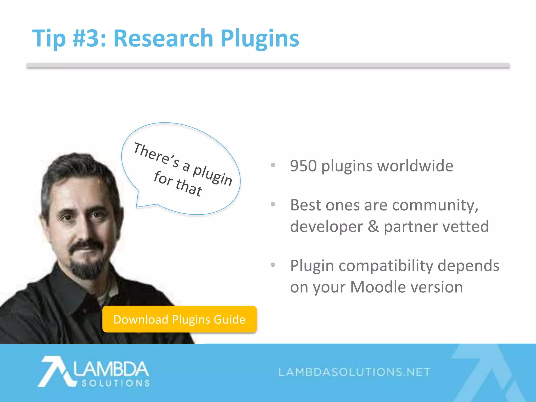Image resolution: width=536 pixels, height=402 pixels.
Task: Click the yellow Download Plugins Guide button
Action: pyautogui.click(x=180, y=319)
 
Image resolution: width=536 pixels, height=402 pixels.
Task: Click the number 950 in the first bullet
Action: pyautogui.click(x=303, y=166)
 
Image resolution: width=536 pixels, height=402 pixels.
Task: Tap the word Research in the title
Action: pyautogui.click(x=163, y=38)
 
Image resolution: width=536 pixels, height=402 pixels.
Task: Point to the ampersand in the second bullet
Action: pyautogui.click(x=373, y=226)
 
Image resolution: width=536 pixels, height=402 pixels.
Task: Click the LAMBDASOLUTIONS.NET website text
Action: pyautogui.click(x=354, y=372)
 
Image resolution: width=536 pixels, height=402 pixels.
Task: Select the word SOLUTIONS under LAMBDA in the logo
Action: pyautogui.click(x=115, y=383)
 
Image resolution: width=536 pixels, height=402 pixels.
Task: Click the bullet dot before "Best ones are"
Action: pyautogui.click(x=273, y=204)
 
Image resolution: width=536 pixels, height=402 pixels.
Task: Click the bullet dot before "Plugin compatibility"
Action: pyautogui.click(x=273, y=265)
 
